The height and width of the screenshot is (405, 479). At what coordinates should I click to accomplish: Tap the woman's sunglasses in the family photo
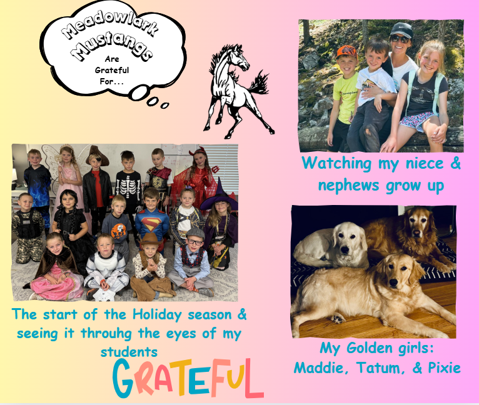(400, 39)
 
